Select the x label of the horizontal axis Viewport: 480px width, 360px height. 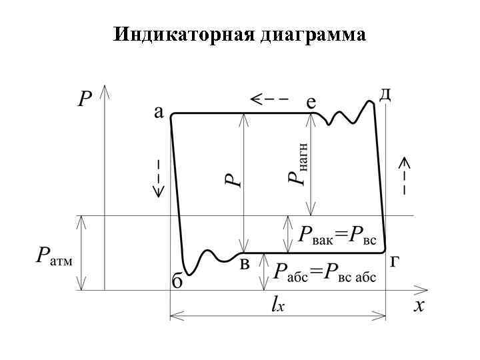419,305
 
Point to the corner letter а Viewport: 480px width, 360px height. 159,111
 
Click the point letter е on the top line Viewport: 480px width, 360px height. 311,102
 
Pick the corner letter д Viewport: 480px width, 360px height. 385,94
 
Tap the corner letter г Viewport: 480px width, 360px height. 395,261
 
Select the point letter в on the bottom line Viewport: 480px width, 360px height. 245,264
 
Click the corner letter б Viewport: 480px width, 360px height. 177,281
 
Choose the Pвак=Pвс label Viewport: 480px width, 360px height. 337,235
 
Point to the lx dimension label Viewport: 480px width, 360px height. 279,304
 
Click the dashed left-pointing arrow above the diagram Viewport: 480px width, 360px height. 269,99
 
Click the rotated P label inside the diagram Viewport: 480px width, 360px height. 232,179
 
